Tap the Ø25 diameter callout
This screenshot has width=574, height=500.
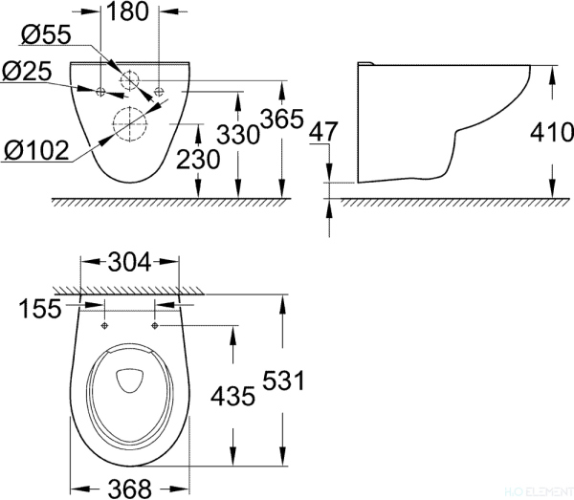coord(26,70)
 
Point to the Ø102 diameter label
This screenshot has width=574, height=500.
coord(35,150)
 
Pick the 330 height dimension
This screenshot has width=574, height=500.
coord(238,134)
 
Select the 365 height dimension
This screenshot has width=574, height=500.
coord(282,120)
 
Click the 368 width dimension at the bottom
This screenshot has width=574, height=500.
coord(130,488)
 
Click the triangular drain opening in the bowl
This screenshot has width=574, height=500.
coord(129,380)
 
